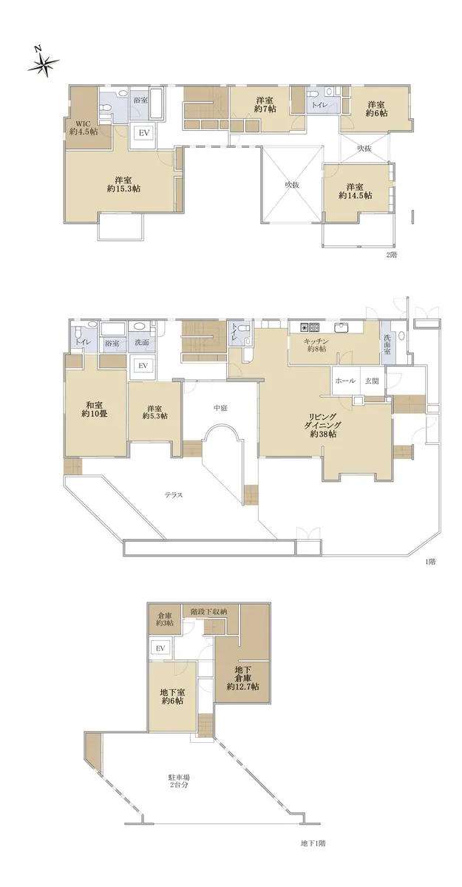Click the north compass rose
pos(43,63)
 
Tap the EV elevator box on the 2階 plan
pos(143,133)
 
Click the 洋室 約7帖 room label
pos(265,104)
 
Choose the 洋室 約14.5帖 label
pos(355,191)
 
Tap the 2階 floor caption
pos(392,254)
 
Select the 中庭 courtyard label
pos(220,407)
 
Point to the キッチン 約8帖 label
pos(315,345)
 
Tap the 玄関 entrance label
pos(372,381)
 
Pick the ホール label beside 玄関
pos(345,381)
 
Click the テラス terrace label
pos(174,495)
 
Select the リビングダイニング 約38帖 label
pos(322,425)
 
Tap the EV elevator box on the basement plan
pos(160,648)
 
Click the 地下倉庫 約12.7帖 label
pos(242,678)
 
